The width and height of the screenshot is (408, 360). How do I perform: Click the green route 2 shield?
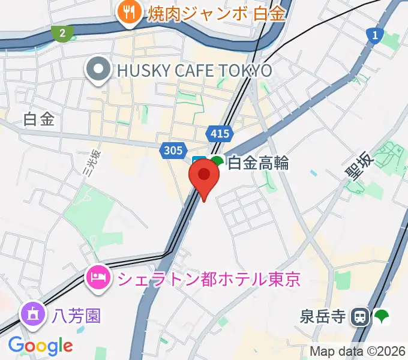click(62, 32)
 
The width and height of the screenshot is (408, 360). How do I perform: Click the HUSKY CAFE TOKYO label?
click(194, 71)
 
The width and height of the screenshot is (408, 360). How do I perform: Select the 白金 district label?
click(39, 119)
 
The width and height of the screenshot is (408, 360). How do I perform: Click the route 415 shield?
click(218, 133)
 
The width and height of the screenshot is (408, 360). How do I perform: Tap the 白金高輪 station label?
click(259, 163)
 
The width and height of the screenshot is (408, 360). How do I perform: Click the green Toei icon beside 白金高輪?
click(217, 161)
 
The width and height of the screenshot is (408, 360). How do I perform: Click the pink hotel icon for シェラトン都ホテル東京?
click(98, 277)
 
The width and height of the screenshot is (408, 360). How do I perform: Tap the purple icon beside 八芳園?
click(31, 314)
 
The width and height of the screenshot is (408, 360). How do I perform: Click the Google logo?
click(40, 346)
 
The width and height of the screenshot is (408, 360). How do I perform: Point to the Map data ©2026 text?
click(357, 351)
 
